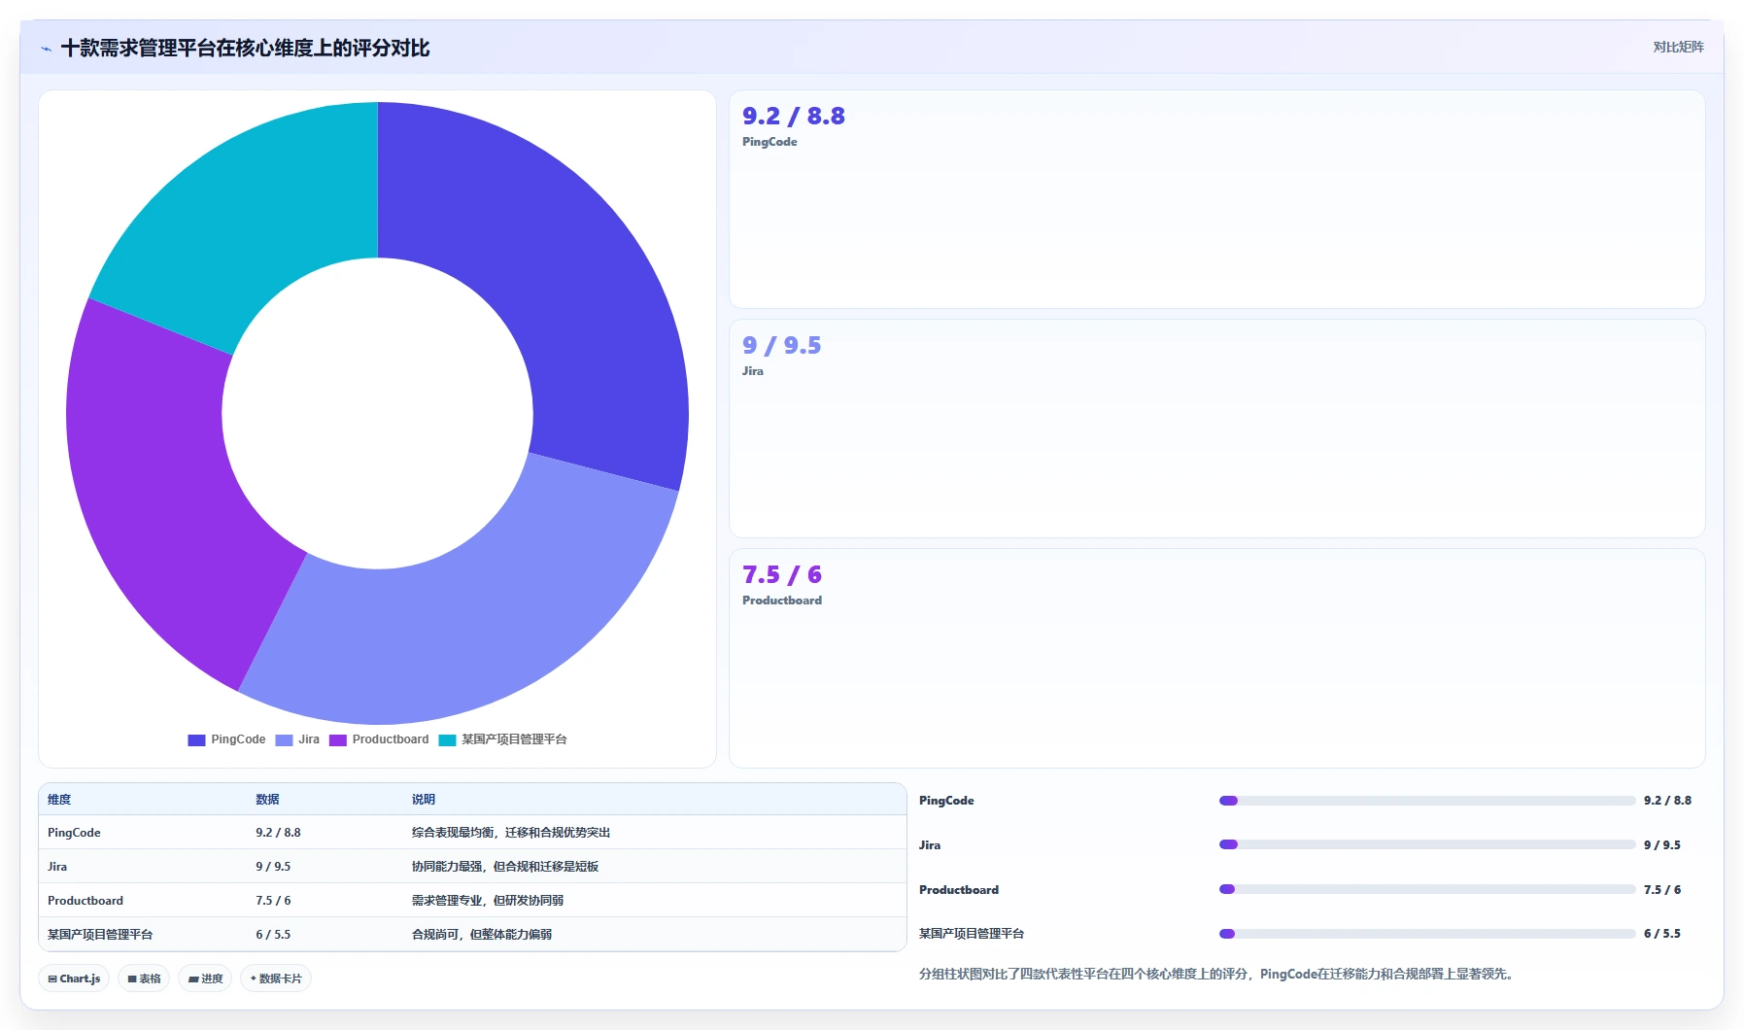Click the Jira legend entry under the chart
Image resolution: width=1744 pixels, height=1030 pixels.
coord(297,739)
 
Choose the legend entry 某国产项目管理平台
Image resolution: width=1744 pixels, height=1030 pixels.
coord(502,739)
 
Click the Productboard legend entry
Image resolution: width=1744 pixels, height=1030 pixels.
coord(379,739)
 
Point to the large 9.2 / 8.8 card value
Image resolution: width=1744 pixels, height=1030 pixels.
coord(794,116)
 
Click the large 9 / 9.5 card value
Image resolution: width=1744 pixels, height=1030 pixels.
coord(782,345)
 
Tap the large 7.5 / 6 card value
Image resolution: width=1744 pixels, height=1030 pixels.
coord(782,574)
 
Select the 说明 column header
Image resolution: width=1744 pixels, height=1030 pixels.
coord(424,800)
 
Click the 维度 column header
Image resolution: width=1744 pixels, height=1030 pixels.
coord(59,800)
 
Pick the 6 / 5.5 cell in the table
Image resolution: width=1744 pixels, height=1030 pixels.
coord(273,935)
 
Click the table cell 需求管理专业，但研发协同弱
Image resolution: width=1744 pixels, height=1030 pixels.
coord(488,901)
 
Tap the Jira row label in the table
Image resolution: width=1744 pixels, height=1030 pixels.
coord(57,867)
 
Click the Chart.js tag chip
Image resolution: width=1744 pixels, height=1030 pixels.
coord(74,978)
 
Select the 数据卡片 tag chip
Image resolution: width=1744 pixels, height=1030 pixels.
coord(276,978)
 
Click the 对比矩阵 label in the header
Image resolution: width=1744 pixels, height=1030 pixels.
coord(1678,47)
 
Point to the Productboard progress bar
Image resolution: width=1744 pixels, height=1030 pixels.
coord(1427,889)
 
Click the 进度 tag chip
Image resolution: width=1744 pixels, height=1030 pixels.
coord(205,978)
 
